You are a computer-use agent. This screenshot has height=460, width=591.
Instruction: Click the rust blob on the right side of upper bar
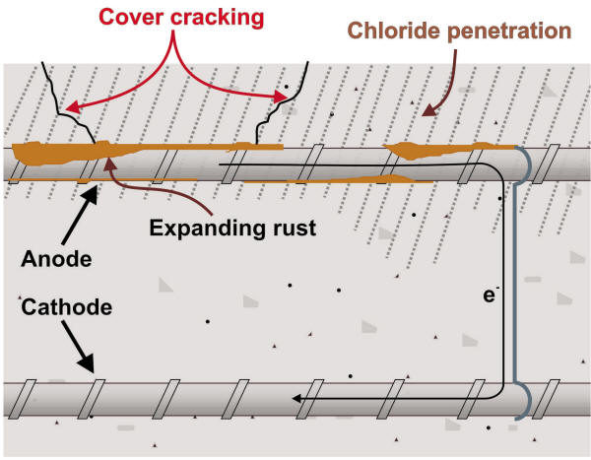tap(419, 152)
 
